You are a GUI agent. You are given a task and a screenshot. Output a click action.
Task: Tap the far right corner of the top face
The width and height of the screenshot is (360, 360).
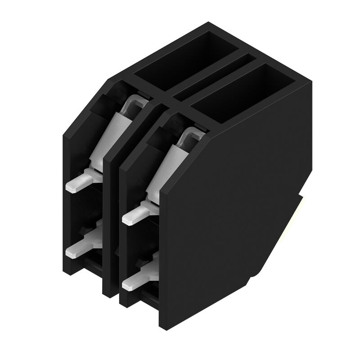[312, 81]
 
